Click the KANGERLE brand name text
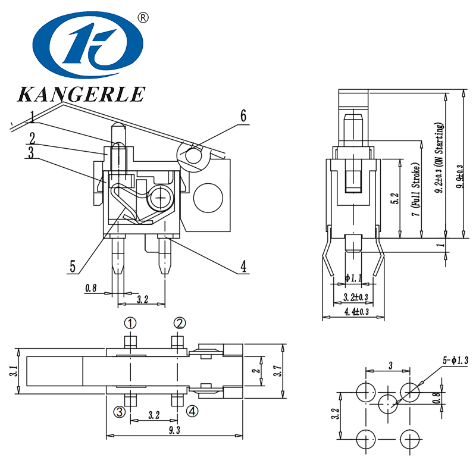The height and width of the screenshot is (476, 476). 82,94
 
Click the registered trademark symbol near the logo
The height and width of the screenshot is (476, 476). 142,17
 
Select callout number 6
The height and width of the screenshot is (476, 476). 243,115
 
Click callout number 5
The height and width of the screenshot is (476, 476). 73,266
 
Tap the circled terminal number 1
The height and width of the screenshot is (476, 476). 130,323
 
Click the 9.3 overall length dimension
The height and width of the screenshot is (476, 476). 174,430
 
